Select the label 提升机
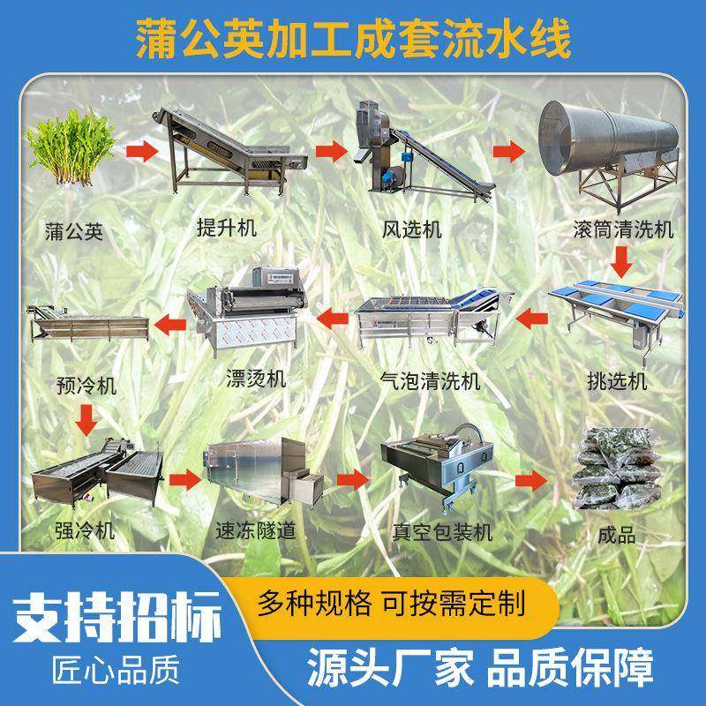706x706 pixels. click(x=227, y=229)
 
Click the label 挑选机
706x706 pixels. click(x=617, y=380)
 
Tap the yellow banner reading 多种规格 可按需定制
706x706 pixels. click(x=388, y=605)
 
